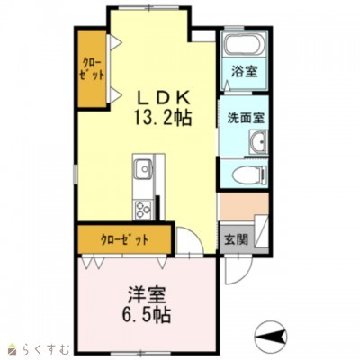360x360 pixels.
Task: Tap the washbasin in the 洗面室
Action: (257, 141)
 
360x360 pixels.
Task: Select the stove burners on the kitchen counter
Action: (143, 210)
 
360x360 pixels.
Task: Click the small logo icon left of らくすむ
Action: (12, 346)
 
